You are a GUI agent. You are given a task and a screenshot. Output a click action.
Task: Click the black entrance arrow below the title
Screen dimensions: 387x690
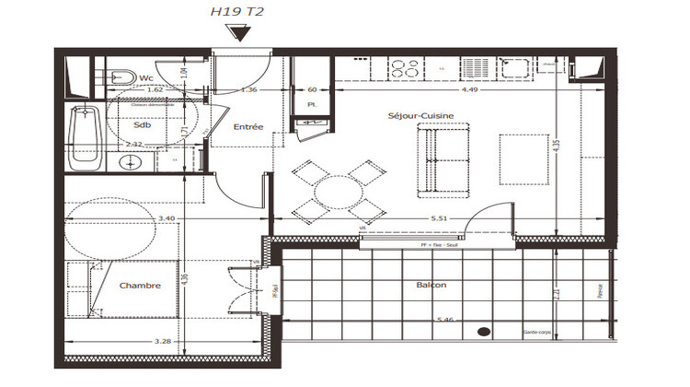tap(239, 34)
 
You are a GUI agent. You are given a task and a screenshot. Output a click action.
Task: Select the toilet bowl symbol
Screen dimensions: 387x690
tap(119, 77)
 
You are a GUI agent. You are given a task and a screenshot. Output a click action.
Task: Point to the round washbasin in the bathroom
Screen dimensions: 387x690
tap(132, 163)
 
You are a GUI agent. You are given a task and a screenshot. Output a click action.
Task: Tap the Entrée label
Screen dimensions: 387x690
tap(248, 126)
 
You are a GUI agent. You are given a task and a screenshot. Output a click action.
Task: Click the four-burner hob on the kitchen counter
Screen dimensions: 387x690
tap(405, 68)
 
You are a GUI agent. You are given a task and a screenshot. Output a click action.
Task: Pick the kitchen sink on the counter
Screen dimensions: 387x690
tap(513, 68)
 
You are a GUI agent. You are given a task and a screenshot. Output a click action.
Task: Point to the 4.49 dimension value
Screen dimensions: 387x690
tap(469, 89)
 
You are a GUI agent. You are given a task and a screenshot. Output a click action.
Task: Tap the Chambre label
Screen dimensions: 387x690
tap(140, 286)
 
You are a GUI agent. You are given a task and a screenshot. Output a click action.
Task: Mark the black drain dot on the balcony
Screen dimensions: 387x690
tap(482, 331)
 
